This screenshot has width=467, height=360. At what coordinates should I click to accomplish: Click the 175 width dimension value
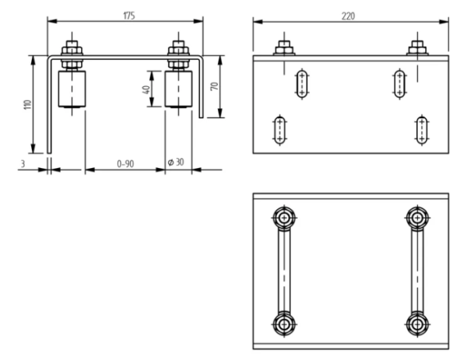(129, 16)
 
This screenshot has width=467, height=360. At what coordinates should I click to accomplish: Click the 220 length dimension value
(348, 16)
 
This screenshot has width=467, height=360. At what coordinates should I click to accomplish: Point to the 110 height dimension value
(27, 104)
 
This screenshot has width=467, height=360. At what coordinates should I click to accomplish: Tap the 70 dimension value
(215, 86)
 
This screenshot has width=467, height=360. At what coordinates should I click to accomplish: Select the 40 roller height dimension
(146, 89)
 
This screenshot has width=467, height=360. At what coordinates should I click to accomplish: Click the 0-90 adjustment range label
(125, 163)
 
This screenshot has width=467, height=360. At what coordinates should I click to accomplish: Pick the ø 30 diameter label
(176, 163)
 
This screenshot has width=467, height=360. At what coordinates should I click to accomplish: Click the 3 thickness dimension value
(23, 163)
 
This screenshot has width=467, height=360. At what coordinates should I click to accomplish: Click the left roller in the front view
(72, 89)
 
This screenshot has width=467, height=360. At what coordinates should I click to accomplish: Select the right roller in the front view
(178, 89)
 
